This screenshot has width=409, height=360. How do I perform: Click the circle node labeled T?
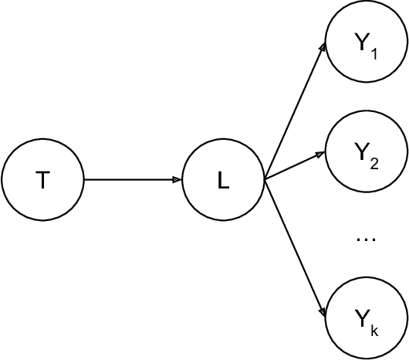[x=42, y=180]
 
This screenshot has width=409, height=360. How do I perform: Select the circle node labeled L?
[x=223, y=180]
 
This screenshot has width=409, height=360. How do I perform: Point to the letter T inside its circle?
[x=42, y=181]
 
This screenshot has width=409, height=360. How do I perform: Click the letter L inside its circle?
[x=223, y=181]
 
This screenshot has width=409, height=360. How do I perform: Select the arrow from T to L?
[x=131, y=180]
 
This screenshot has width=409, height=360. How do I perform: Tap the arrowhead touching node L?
[x=177, y=180]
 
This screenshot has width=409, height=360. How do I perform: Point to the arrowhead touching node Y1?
[x=323, y=48]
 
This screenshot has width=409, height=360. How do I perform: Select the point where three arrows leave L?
[x=265, y=180]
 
